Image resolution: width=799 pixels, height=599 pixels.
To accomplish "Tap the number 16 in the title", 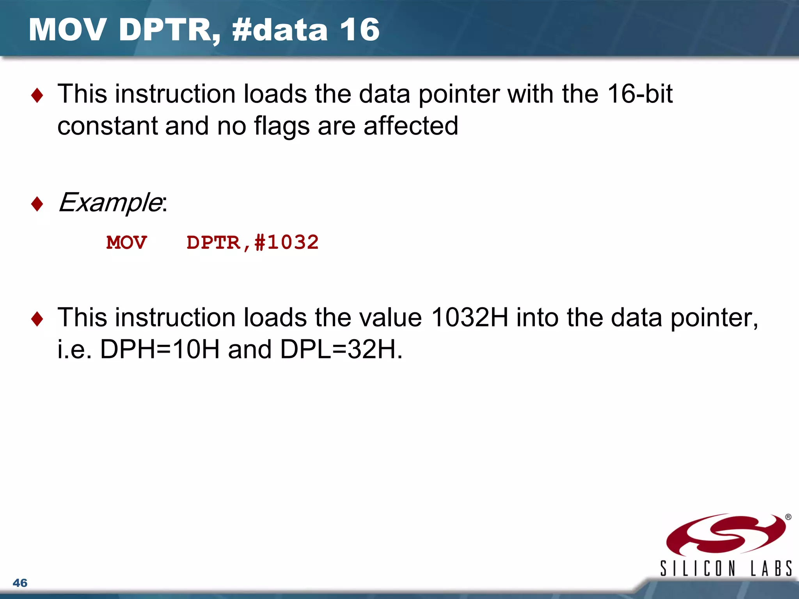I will click(359, 30).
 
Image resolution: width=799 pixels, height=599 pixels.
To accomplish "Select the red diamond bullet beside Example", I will click(37, 204).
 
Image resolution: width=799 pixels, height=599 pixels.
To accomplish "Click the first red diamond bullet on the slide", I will click(37, 95).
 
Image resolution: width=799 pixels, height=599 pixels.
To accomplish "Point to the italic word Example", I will click(110, 203).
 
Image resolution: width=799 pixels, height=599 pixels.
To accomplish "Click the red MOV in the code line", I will click(126, 243).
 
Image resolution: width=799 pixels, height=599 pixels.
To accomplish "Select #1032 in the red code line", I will click(286, 243).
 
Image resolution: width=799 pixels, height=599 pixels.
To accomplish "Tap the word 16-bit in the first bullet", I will click(640, 94).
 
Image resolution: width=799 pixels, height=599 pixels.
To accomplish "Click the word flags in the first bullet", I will click(282, 126).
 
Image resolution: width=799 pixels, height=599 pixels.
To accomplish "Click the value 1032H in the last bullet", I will click(470, 317).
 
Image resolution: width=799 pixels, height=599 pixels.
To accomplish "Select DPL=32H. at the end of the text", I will click(341, 349).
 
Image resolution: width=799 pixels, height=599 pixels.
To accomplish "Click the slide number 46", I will click(20, 583).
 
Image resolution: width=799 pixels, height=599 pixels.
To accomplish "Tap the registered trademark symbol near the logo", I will click(788, 517).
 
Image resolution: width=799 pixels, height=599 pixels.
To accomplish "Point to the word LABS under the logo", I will click(771, 568).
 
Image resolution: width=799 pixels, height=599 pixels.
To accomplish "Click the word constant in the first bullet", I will click(107, 126).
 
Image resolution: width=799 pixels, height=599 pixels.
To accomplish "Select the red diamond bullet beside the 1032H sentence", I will click(37, 319).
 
